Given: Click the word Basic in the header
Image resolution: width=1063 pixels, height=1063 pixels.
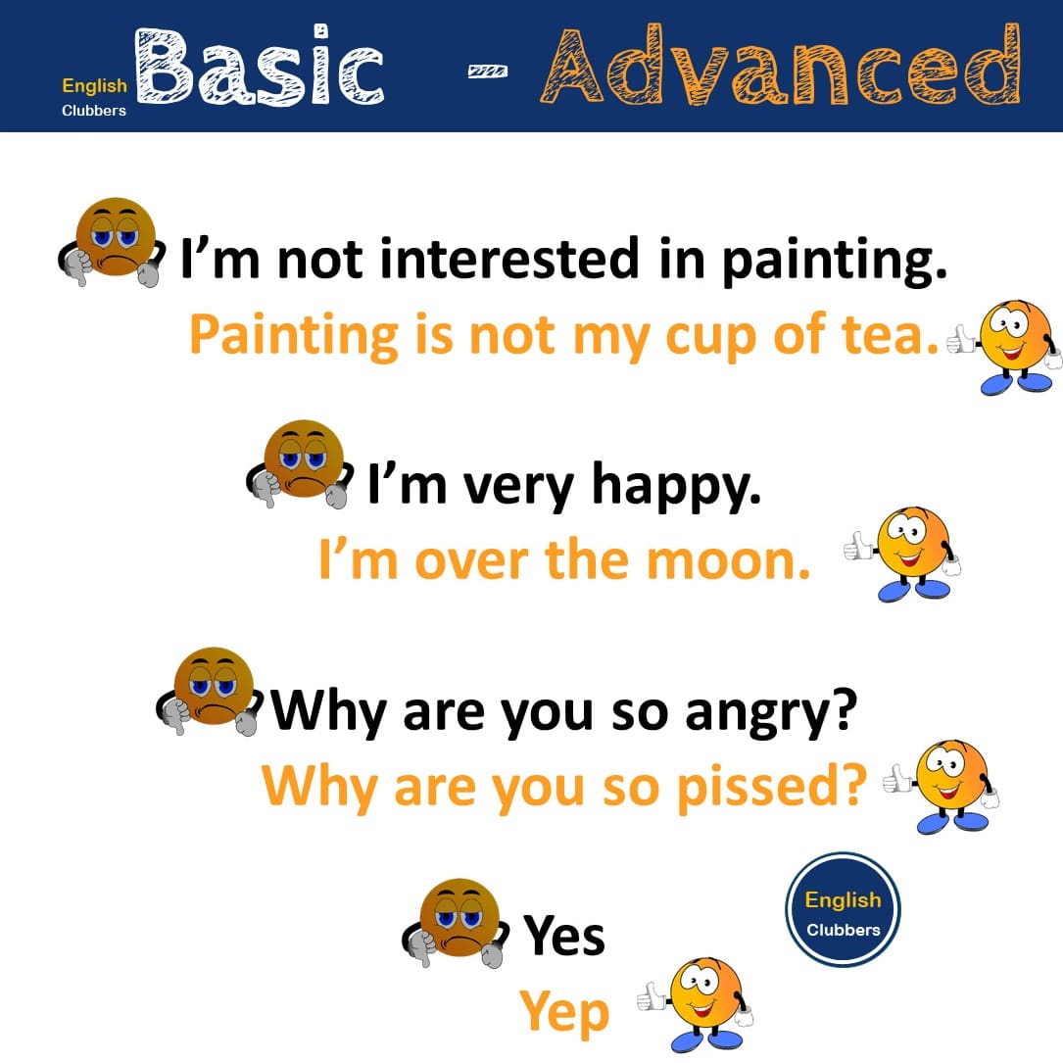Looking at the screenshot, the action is pyautogui.click(x=260, y=66).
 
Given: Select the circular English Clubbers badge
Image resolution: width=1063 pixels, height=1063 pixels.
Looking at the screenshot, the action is pyautogui.click(x=843, y=908).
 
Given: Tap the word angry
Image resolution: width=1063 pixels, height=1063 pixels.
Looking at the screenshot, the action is pyautogui.click(x=771, y=713).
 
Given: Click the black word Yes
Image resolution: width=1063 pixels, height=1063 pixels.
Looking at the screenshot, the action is pyautogui.click(x=563, y=935).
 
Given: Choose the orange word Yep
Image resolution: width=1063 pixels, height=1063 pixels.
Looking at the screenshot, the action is pyautogui.click(x=564, y=1013).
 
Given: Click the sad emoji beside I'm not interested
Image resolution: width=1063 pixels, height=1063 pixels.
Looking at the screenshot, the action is pyautogui.click(x=112, y=242).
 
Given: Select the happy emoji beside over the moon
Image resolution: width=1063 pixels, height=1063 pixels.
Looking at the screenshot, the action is pyautogui.click(x=903, y=554).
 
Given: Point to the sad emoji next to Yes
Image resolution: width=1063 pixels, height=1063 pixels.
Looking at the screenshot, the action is pyautogui.click(x=456, y=923).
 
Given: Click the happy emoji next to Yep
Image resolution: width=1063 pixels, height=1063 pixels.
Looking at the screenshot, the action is pyautogui.click(x=697, y=1004).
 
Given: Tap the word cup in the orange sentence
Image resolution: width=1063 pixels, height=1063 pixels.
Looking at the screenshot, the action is pyautogui.click(x=710, y=337).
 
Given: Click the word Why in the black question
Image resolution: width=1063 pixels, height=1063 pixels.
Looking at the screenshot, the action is pyautogui.click(x=330, y=713).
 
